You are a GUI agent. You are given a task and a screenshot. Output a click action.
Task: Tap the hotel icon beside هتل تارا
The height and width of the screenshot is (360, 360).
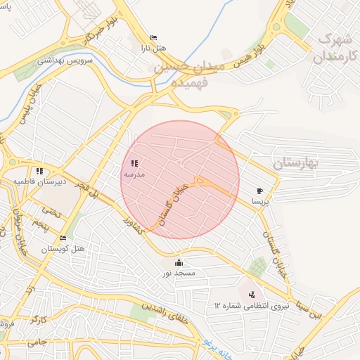pyautogui.click(x=153, y=38)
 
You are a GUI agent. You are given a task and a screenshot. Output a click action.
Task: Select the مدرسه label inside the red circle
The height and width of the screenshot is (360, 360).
pyautogui.click(x=134, y=174)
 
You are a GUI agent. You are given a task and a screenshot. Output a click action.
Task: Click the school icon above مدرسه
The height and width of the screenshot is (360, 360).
pyautogui.click(x=134, y=163)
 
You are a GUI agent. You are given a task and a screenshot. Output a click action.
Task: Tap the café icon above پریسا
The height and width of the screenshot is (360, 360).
pyautogui.click(x=260, y=191)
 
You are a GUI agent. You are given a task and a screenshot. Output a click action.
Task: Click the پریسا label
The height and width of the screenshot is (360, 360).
pyautogui.click(x=261, y=201)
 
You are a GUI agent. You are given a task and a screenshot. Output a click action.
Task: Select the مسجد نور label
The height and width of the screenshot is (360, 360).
pyautogui.click(x=179, y=272)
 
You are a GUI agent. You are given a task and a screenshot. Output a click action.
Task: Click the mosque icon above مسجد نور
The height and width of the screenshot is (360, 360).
pyautogui.click(x=179, y=262)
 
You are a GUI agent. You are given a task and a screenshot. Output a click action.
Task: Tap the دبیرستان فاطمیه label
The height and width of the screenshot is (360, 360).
pyautogui.click(x=40, y=181)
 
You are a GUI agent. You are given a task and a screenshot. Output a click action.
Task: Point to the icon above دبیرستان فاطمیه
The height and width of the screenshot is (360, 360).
pyautogui.click(x=39, y=170)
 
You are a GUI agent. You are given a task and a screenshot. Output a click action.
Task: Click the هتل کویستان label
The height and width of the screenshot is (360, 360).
pyautogui.click(x=63, y=249)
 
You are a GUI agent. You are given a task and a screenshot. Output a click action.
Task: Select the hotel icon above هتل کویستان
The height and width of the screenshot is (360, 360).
pyautogui.click(x=63, y=238)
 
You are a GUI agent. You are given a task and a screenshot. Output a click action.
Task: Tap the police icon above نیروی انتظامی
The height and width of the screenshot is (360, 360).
pyautogui.click(x=252, y=294)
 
